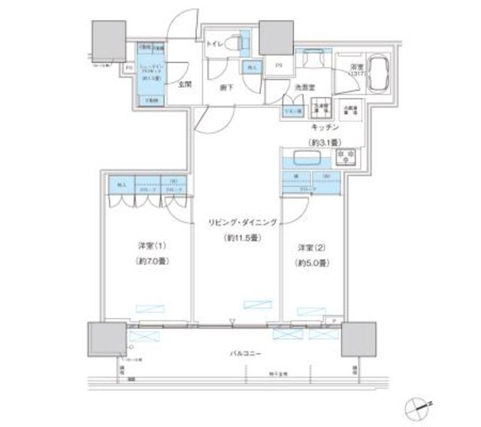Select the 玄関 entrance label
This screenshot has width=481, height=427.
pos(185,85)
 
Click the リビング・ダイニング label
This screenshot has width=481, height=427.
pos(244,223)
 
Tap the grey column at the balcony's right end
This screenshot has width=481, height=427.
pos(357,339)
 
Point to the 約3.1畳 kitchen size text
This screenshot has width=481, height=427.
pos(323,142)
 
